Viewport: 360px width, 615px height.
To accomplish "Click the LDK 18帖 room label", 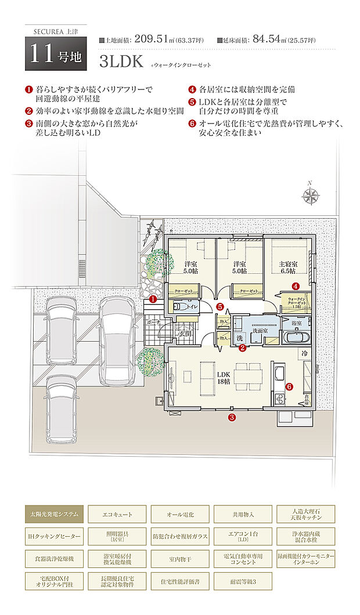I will click(x=224, y=378).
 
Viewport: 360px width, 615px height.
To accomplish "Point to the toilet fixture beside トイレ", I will click(x=178, y=306).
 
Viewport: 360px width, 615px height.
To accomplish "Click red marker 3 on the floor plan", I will click(x=232, y=417).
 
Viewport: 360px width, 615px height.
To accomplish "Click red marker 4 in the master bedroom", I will click(x=296, y=286).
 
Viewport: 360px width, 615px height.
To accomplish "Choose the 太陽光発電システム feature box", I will click(x=55, y=514).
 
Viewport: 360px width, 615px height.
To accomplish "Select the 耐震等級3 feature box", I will click(x=242, y=580).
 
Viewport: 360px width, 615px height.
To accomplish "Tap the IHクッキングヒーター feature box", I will click(x=55, y=536).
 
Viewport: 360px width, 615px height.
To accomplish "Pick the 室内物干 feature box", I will click(x=179, y=558).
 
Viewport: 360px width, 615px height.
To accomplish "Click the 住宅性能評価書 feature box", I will click(x=179, y=580).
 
